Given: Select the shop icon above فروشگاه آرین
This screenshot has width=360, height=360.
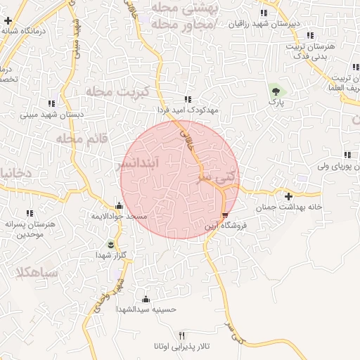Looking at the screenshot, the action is (x=224, y=215).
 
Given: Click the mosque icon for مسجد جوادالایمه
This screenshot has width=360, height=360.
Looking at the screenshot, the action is (x=118, y=206).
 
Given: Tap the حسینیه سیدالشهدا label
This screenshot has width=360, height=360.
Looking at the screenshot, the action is (x=145, y=309).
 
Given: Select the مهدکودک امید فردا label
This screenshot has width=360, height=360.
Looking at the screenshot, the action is (x=189, y=110).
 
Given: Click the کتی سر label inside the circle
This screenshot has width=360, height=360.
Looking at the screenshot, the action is (x=214, y=178).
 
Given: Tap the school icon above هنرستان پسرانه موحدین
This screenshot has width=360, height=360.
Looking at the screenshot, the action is (x=30, y=212).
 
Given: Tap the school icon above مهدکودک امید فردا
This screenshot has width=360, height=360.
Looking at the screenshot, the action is (x=187, y=100).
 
